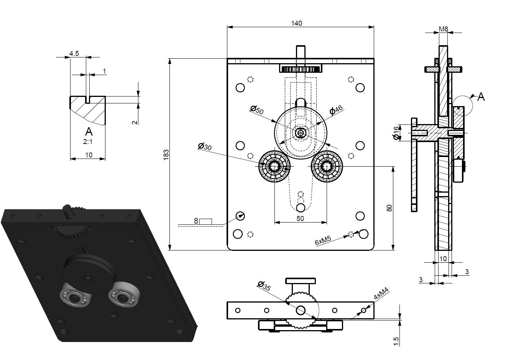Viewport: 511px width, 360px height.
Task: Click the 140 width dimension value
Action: point(296,23)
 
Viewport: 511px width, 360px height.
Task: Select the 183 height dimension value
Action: point(166,154)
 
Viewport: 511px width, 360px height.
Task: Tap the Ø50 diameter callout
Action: point(256,110)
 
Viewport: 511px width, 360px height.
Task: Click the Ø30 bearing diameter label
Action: point(205,146)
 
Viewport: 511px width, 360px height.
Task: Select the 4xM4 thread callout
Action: point(381,295)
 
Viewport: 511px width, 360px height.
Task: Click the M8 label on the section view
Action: point(444,29)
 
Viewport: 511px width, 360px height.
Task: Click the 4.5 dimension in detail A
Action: point(74,54)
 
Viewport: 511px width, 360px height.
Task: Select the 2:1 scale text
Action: point(88,141)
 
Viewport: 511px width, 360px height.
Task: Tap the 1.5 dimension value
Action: point(396,340)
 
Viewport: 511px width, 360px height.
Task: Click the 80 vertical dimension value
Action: point(389,208)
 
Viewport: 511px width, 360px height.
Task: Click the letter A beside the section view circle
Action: point(481,97)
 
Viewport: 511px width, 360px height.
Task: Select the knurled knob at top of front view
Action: point(301,69)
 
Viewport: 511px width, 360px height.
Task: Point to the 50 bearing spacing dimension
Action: point(300,218)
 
